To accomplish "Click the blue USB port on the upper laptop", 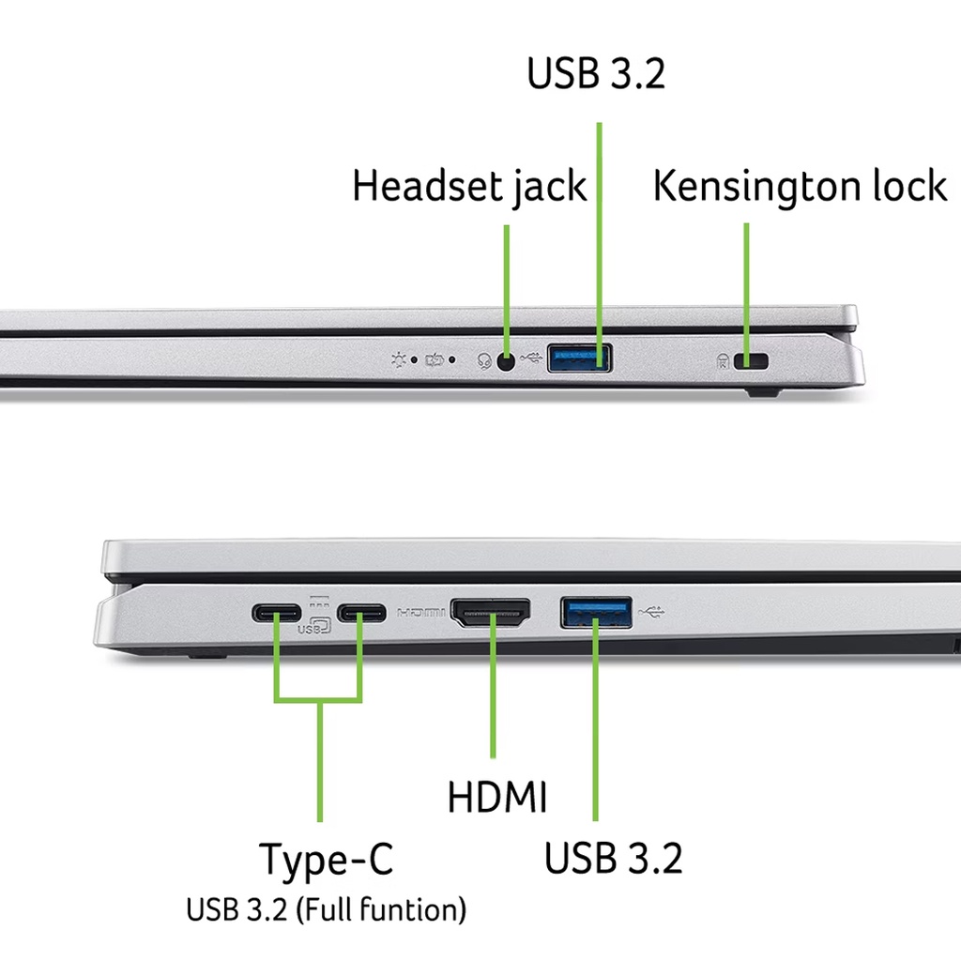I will (x=579, y=358).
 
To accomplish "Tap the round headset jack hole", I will (x=507, y=360).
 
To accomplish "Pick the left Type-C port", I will (x=276, y=615).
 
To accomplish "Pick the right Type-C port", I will (x=361, y=615).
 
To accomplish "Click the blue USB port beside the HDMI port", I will (x=596, y=612).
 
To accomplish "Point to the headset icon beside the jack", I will (x=484, y=360).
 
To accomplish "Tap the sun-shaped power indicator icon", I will (x=403, y=359).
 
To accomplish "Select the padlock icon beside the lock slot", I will (x=724, y=360).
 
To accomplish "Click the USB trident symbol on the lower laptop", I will (x=652, y=612).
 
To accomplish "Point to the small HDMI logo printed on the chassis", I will (x=421, y=614).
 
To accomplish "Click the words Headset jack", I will (x=469, y=187).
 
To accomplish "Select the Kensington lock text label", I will (x=800, y=186).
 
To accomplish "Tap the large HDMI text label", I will (x=496, y=798).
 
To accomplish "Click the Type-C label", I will (x=326, y=860).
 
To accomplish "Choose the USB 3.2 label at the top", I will (x=596, y=74).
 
